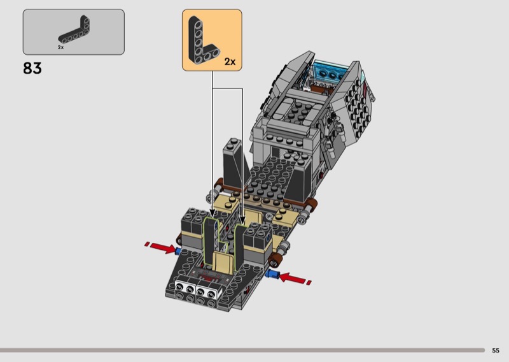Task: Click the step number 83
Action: [x=32, y=68]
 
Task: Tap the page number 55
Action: [x=496, y=351]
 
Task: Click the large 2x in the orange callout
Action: [x=230, y=61]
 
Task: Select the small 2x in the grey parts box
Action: [x=60, y=48]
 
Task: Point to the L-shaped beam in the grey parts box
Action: [x=74, y=30]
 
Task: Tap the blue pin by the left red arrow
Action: [x=178, y=251]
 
